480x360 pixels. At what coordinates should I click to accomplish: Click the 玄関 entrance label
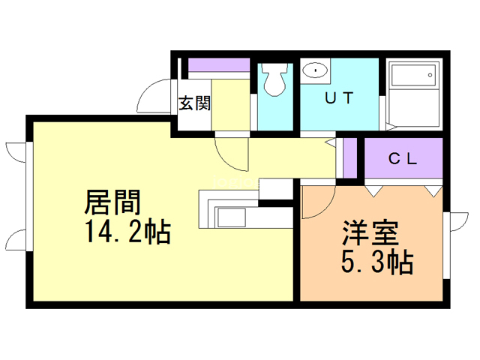click(x=195, y=103)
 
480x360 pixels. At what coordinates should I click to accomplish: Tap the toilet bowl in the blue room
click(x=274, y=79)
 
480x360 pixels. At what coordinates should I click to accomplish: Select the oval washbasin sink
click(x=315, y=70)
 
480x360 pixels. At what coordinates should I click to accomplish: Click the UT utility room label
click(x=339, y=98)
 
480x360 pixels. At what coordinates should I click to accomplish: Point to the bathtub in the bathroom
click(x=413, y=75)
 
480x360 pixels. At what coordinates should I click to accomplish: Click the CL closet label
click(x=403, y=158)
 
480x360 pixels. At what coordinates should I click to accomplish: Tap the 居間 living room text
click(x=112, y=202)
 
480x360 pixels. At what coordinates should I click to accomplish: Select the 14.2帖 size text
click(x=127, y=232)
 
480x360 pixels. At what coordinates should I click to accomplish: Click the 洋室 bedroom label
click(x=370, y=232)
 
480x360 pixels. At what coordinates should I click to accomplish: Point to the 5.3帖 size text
click(x=377, y=262)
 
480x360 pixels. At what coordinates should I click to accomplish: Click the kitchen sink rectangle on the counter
click(x=232, y=217)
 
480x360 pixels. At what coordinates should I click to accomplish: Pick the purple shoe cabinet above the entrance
click(x=219, y=65)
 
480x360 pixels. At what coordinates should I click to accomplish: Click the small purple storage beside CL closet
click(x=350, y=157)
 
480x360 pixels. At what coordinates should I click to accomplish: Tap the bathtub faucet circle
click(x=430, y=75)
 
